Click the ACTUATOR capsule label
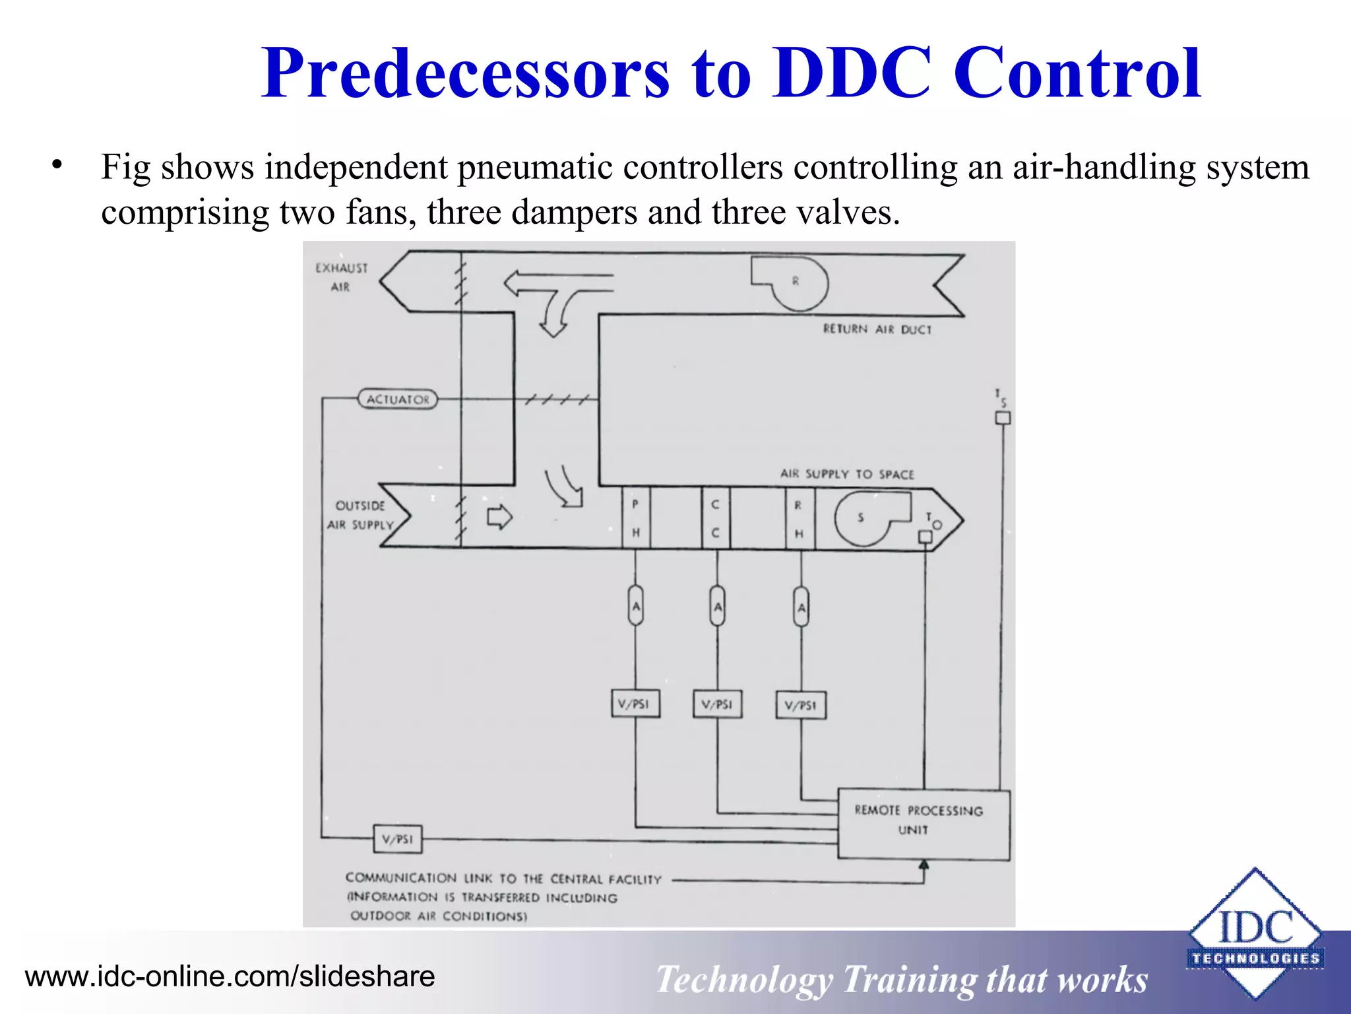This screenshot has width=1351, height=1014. coord(398,399)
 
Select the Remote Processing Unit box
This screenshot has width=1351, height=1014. coord(923,823)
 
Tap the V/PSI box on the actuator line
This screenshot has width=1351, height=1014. coord(397,839)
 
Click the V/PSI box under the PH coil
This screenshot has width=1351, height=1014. coord(635,704)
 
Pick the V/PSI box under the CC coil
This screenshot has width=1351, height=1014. coord(717,704)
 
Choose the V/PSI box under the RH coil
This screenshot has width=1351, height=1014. coord(801,705)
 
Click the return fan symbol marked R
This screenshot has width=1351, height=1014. coord(795,282)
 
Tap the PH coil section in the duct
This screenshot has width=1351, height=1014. coord(636,518)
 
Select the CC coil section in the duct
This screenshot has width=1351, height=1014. coord(716,518)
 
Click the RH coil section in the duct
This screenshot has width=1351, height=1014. coord(800,519)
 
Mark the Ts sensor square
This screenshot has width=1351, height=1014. coord(1003,418)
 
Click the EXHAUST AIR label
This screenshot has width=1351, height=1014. coord(341,277)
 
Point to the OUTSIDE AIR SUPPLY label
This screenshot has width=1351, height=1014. coord(360,515)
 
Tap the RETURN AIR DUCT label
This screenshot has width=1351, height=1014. coord(877,329)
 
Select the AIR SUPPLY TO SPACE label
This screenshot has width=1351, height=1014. coord(847,474)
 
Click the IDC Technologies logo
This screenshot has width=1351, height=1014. coord(1255,935)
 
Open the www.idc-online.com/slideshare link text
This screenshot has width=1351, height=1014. coord(230,976)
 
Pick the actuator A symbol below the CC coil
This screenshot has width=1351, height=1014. coord(717,606)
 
